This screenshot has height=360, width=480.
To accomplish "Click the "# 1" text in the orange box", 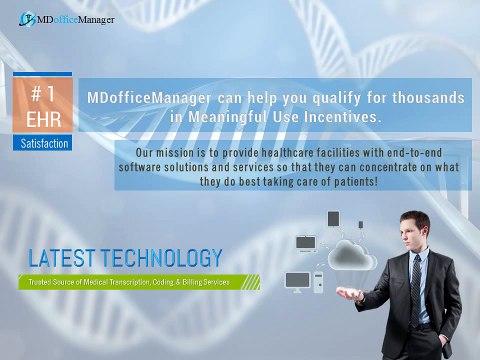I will [44, 95].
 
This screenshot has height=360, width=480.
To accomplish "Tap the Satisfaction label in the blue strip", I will [45, 144].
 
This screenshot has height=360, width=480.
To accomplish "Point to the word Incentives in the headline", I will [345, 117].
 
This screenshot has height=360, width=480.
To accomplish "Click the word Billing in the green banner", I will [195, 283].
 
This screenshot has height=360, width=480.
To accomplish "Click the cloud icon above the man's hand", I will [351, 254].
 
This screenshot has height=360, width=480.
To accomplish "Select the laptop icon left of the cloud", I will [306, 243].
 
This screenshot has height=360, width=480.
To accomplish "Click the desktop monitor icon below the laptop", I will [297, 280].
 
